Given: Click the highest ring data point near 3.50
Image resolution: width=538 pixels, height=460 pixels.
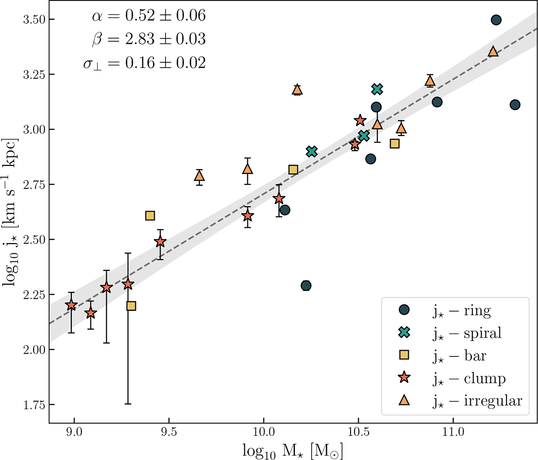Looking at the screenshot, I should (x=496, y=20).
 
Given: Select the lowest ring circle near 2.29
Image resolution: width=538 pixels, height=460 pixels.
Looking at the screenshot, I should (x=306, y=286).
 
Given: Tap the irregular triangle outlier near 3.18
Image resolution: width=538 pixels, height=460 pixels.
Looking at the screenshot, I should (x=297, y=90).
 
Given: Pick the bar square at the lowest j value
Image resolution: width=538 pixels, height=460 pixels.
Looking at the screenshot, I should (x=131, y=306).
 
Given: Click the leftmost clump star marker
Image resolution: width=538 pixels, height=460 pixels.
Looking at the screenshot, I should (x=71, y=305).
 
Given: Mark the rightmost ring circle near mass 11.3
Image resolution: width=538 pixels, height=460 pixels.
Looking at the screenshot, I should (x=515, y=104).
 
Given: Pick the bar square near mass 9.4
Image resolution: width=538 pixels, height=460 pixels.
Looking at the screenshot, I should (x=150, y=216).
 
